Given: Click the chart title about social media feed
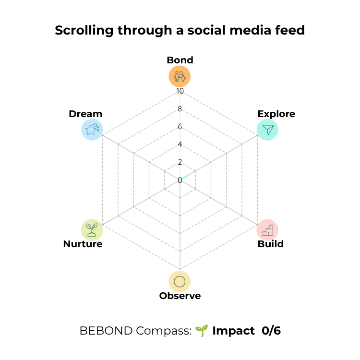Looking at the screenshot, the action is click(180, 31).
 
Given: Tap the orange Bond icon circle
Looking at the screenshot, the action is click(180, 76).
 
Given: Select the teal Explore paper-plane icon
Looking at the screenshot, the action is click(267, 130).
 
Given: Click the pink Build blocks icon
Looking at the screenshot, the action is click(267, 230).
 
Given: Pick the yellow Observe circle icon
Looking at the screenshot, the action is click(180, 281).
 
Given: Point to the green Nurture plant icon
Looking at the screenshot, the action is click(92, 230).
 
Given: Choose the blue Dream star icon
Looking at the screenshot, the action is click(92, 130).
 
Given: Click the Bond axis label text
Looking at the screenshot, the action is click(180, 60).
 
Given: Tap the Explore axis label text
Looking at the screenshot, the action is click(276, 114).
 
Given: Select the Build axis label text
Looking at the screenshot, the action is click(270, 244).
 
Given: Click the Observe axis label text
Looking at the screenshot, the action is click(180, 296).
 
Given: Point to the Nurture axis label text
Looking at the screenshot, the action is click(83, 244).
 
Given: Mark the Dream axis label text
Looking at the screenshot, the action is click(85, 114).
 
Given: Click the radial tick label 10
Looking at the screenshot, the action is click(180, 91).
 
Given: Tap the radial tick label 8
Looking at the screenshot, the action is click(180, 109).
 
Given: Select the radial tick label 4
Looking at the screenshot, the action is click(180, 144).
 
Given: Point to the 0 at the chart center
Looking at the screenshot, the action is click(180, 180).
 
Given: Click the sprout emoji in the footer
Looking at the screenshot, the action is click(202, 331).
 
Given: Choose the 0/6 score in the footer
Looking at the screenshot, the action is click(271, 331).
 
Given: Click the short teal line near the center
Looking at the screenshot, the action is click(185, 177).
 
